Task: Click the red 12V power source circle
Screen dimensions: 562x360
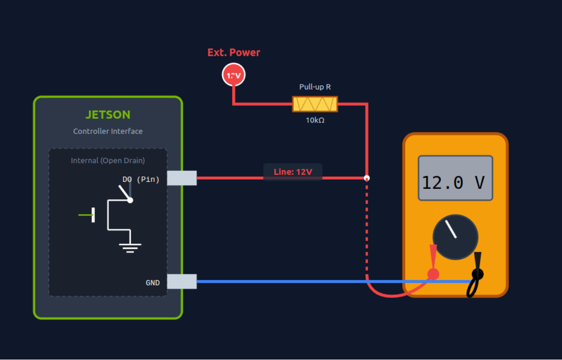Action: [x=233, y=75]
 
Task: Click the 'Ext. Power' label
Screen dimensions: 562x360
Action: [x=234, y=52]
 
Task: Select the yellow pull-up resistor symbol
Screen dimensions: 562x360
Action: [x=315, y=104]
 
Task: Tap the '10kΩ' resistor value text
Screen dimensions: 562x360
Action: [x=315, y=120]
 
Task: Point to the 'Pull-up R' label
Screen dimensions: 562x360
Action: [x=315, y=87]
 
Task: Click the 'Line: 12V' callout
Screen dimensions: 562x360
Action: [x=293, y=172]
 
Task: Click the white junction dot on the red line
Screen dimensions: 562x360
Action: [x=366, y=178]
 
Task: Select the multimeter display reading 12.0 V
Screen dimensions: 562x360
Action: [x=455, y=178]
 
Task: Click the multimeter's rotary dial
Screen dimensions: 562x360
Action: [x=455, y=237]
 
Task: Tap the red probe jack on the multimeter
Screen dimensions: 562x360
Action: [x=433, y=274]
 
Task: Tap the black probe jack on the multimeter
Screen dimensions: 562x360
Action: [x=478, y=274]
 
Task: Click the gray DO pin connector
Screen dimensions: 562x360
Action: [x=182, y=178]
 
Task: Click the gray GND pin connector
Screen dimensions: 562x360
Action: [x=182, y=281]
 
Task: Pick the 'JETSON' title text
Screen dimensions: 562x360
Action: [x=108, y=115]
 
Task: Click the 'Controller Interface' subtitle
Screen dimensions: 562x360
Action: [x=108, y=131]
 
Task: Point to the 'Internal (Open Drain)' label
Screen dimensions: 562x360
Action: [x=108, y=160]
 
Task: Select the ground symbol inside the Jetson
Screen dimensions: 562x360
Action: [x=130, y=248]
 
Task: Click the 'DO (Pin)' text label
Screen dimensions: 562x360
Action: [x=141, y=179]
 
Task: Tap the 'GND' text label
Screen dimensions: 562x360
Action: [x=153, y=283]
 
